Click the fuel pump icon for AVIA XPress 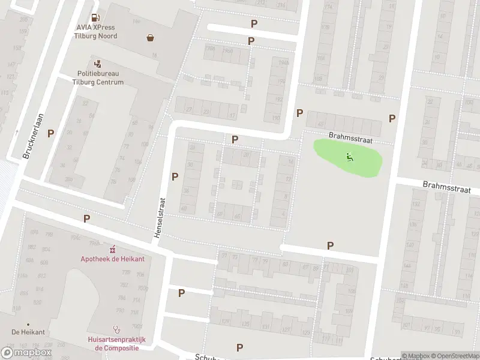pos(96,18)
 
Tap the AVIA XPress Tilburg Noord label pos(96,32)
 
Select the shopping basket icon pos(150,38)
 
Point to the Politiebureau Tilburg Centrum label pos(98,78)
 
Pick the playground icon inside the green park pos(349,157)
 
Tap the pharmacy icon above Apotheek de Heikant pos(112,248)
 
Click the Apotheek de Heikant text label pos(112,259)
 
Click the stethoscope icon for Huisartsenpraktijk pos(117,329)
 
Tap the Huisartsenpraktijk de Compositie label pos(117,343)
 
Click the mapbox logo pos(26,353)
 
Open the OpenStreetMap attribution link pos(457,356)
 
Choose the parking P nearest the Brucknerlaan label pos(51,133)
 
